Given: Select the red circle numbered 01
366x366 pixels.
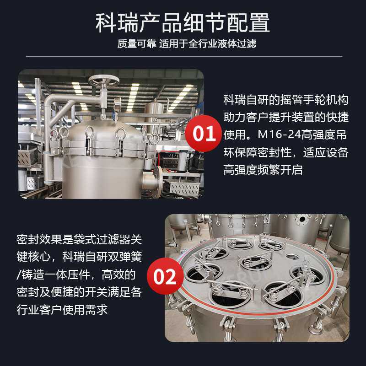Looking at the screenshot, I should [x=204, y=134].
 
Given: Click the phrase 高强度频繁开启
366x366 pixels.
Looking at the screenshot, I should [x=263, y=170].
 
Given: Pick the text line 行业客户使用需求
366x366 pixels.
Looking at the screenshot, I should [x=62, y=309].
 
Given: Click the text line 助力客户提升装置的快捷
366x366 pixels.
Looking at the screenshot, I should [x=286, y=117].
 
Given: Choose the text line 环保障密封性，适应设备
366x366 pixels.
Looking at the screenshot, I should [x=286, y=152].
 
